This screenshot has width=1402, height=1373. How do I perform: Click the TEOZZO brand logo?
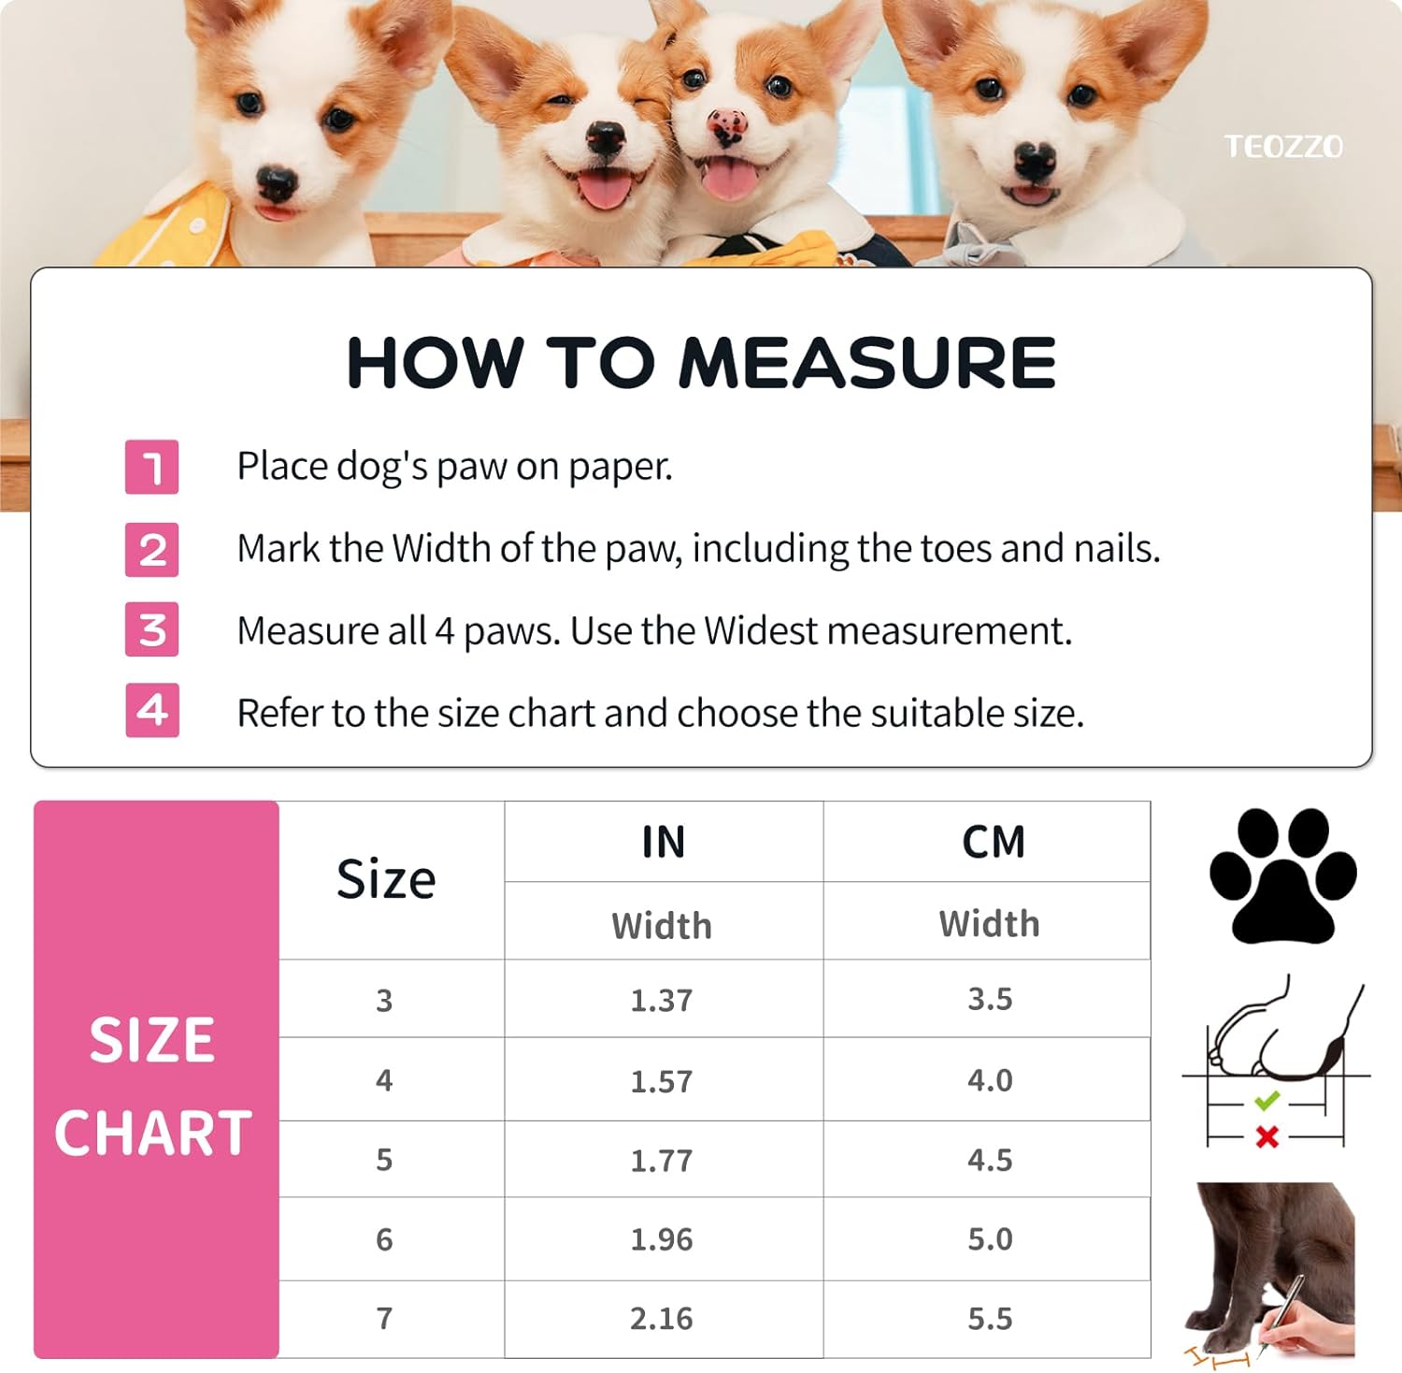[x=1283, y=147]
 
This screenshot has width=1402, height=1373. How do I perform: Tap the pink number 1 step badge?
[x=152, y=467]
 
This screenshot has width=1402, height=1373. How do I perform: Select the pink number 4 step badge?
[x=152, y=710]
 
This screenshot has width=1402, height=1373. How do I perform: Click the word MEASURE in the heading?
[x=867, y=363]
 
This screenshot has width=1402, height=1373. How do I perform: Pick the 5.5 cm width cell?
[x=990, y=1319]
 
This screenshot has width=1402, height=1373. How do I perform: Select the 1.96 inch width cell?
[x=662, y=1240]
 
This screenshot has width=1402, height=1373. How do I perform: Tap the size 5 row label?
[x=384, y=1160]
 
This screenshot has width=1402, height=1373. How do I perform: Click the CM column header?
[x=994, y=842]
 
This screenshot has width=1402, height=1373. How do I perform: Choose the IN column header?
[x=664, y=842]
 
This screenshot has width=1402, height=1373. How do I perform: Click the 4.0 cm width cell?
[x=990, y=1080]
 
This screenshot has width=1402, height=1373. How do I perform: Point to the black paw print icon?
[x=1282, y=875]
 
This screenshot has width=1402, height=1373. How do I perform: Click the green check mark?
[x=1266, y=1101]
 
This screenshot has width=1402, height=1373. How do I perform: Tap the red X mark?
[x=1267, y=1137]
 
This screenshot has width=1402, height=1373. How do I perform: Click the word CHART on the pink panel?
[x=153, y=1134]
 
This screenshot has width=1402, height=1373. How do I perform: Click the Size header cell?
[x=386, y=880]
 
